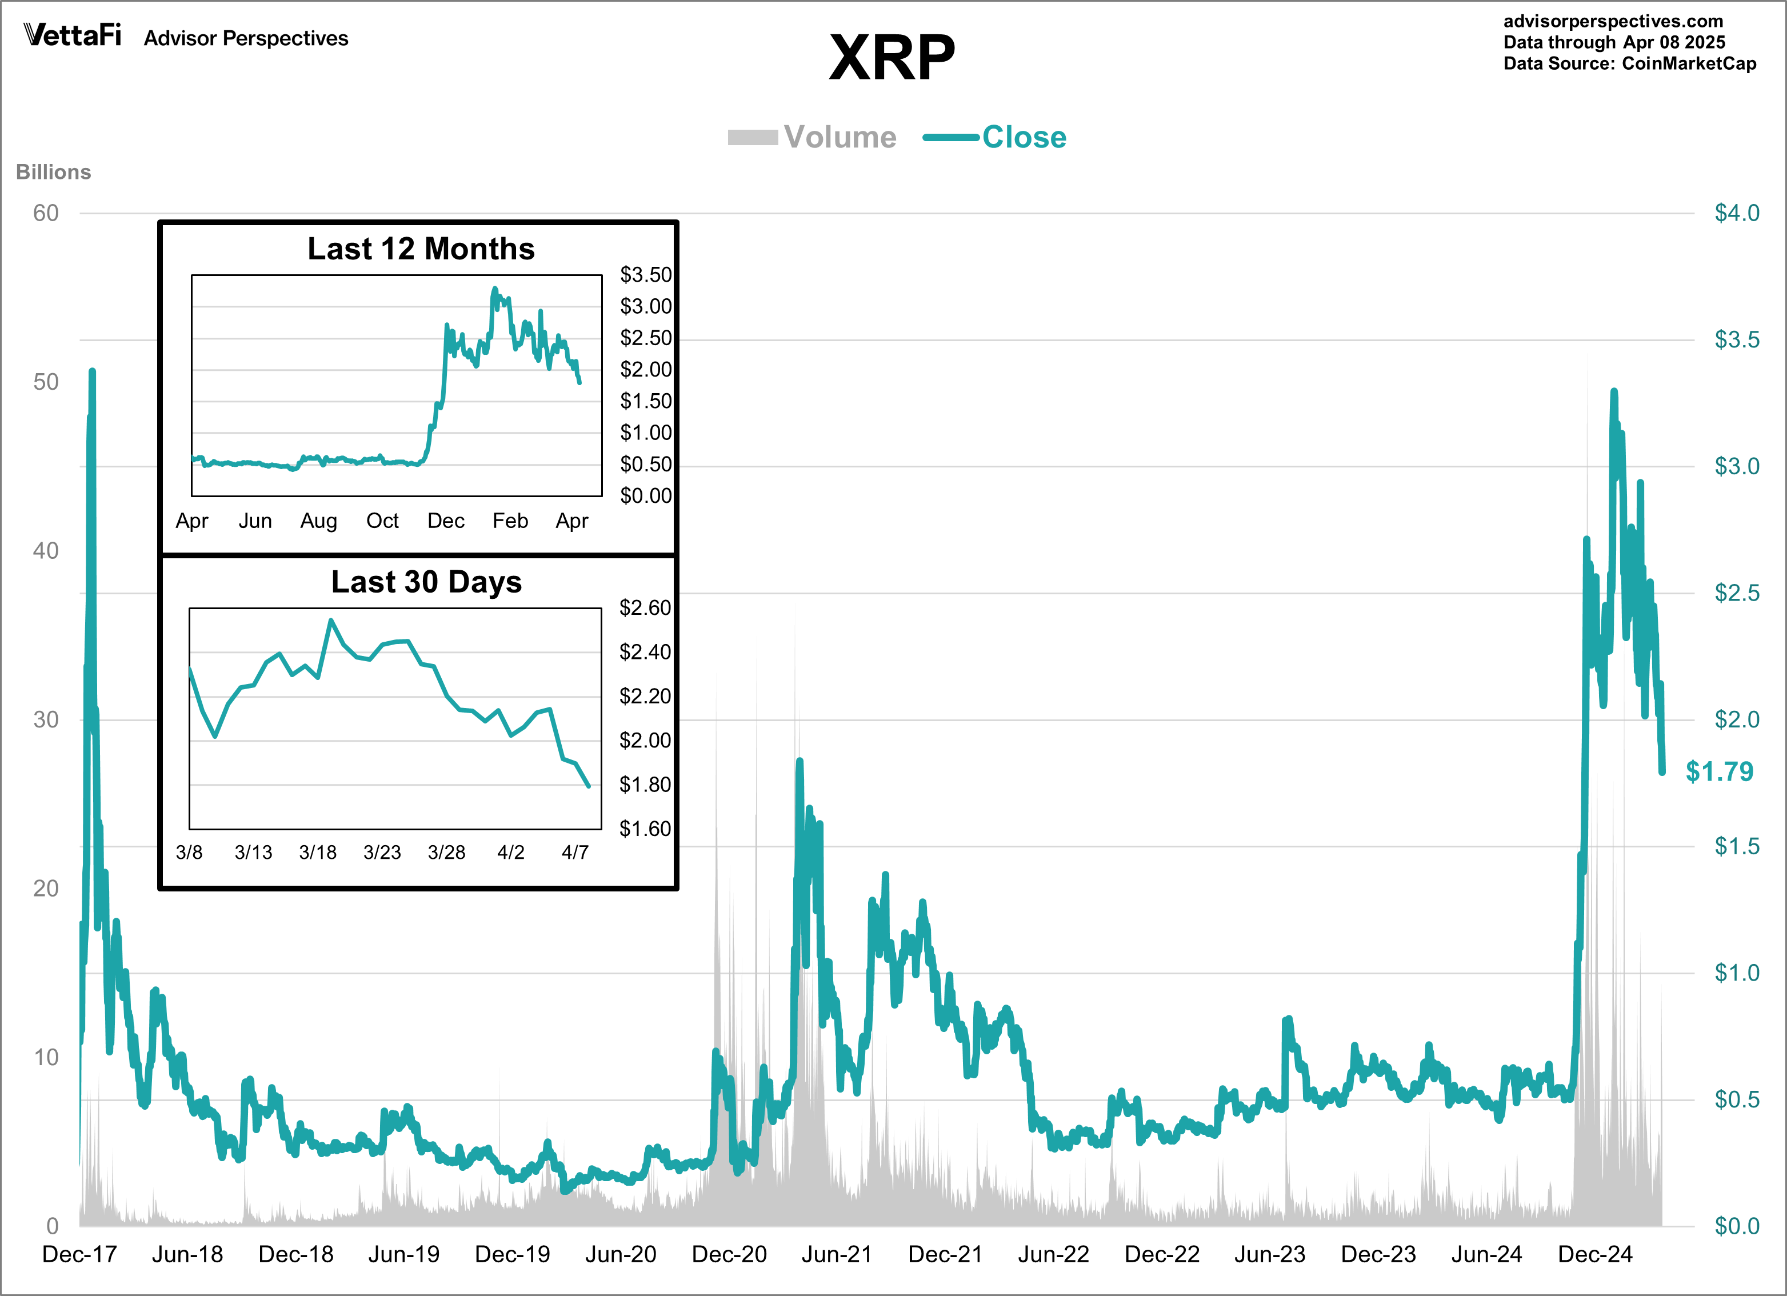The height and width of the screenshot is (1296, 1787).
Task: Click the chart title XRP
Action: pos(892,58)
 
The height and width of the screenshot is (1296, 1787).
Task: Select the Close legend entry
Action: pos(1024,137)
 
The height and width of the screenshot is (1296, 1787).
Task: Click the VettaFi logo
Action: pos(73,35)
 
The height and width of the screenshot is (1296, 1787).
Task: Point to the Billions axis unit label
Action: pos(54,172)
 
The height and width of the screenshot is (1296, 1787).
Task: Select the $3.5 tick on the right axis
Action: pos(1737,339)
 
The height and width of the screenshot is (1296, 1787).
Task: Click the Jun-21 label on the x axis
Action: pos(837,1254)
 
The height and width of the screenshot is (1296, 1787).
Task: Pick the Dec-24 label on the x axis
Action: pos(1595,1254)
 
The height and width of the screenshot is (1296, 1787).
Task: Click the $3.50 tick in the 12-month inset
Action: pos(645,274)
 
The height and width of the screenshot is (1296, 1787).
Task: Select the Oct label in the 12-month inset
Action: pos(382,520)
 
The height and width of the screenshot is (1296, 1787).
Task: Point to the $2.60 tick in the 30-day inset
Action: pos(645,607)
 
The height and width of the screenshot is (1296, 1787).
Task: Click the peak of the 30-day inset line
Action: pos(331,620)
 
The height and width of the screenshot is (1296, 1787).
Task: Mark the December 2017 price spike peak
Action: pos(92,370)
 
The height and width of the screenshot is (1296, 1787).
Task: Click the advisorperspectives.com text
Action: pos(1613,21)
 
